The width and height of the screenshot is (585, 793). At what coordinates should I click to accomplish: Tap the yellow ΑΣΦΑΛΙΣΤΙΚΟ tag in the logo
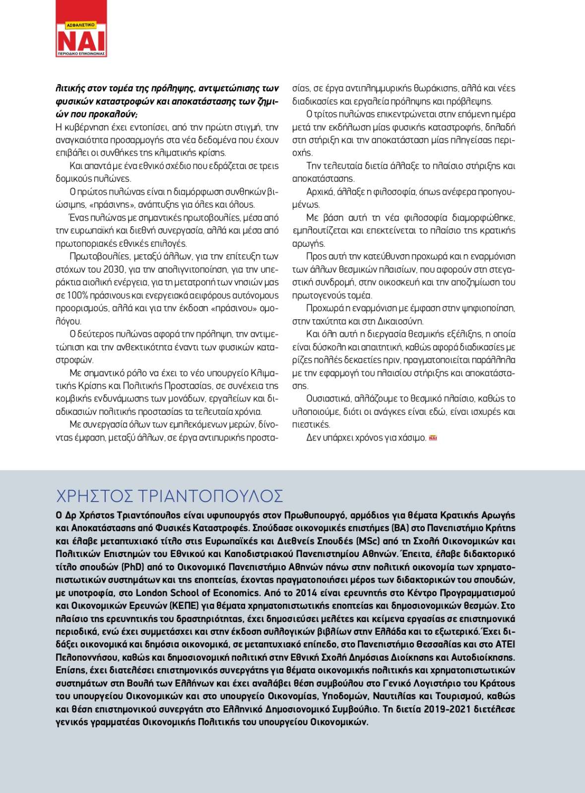pyautogui.click(x=80, y=24)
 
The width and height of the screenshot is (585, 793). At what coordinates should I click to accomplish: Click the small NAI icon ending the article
pyautogui.click(x=433, y=438)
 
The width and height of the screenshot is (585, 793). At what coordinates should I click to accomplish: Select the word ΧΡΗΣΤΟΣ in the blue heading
pyautogui.click(x=94, y=496)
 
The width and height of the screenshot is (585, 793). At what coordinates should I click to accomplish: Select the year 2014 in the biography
pyautogui.click(x=306, y=593)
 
